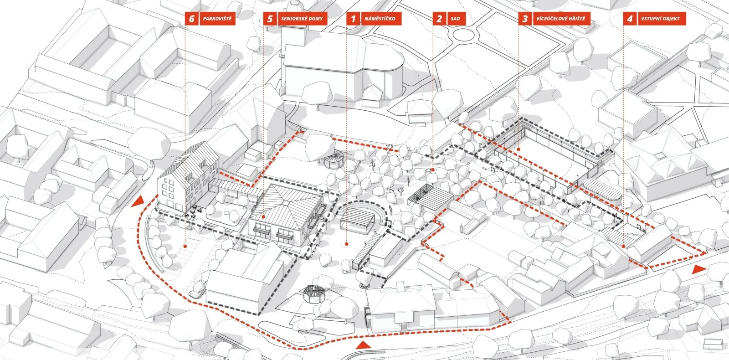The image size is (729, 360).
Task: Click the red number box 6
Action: click(x=191, y=19)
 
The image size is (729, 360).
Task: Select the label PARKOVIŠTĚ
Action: click(x=217, y=19)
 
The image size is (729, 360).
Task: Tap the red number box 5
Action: click(x=270, y=19)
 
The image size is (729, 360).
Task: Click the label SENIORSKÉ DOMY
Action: click(x=302, y=19)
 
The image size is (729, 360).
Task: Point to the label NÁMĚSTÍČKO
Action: click(x=380, y=19)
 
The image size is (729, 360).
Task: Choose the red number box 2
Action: click(x=439, y=19)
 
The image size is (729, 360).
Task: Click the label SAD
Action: click(x=455, y=19)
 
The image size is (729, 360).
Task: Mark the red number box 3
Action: click(x=525, y=19)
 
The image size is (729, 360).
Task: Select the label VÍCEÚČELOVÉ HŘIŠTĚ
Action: click(x=561, y=19)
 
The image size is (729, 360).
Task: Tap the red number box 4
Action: click(x=630, y=19)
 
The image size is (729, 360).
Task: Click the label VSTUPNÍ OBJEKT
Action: click(x=660, y=19)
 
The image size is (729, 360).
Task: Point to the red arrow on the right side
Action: click(x=697, y=270)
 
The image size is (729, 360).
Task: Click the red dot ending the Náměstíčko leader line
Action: click(x=346, y=245)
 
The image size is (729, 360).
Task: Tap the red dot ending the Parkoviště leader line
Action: click(x=185, y=246)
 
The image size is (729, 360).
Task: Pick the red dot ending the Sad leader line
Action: click(x=433, y=170)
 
